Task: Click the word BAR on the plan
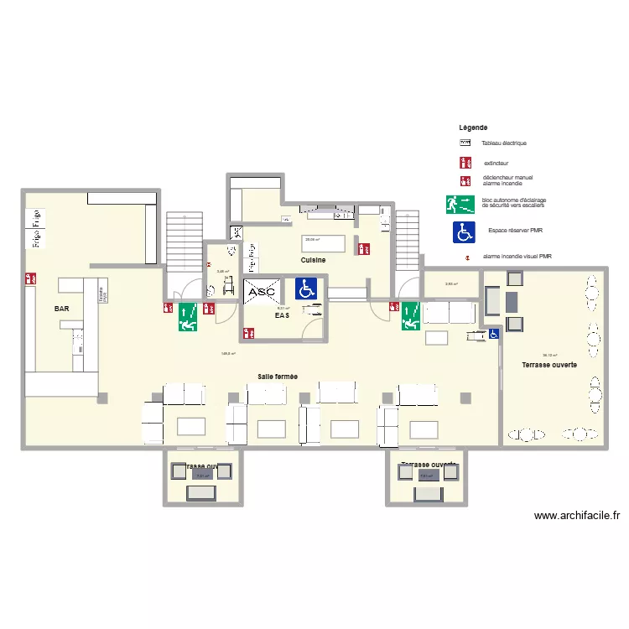[x=62, y=309]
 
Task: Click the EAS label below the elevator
[x=282, y=315]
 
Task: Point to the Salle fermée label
[x=278, y=377]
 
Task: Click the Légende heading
[x=473, y=127]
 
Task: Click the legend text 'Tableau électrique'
[x=504, y=143]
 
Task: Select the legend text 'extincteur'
[x=496, y=163]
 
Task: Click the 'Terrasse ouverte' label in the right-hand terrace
[x=548, y=366]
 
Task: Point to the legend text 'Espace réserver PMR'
[x=515, y=229]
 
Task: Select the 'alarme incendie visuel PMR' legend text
[x=517, y=257]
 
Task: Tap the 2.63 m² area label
[x=450, y=284]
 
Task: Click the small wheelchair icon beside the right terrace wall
[x=494, y=334]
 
